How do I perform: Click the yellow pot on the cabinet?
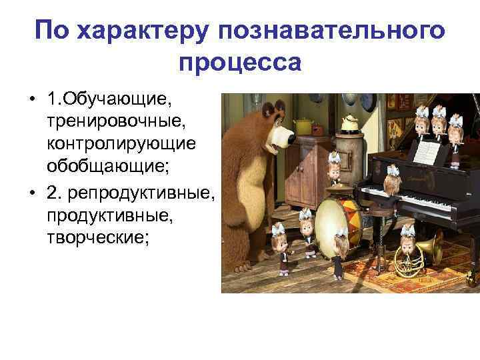303,126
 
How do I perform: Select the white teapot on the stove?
347,123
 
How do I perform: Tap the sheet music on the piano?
427,153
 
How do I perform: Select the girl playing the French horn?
407,240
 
